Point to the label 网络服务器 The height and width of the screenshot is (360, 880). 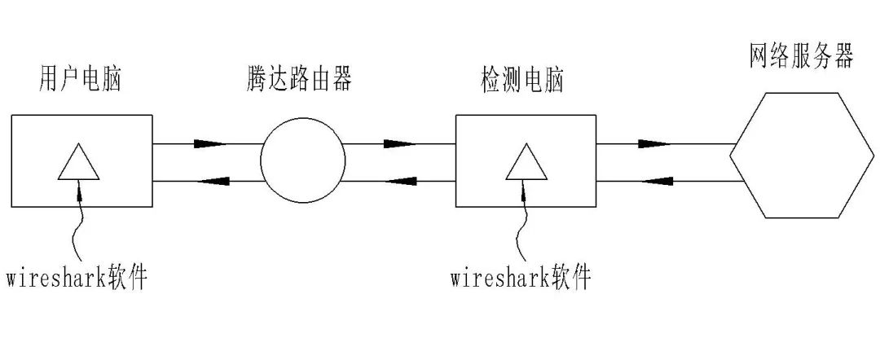click(800, 58)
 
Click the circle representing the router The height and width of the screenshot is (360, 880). click(301, 160)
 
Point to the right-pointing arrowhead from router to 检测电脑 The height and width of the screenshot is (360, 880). click(399, 144)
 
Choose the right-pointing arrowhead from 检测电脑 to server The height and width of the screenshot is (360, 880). click(652, 144)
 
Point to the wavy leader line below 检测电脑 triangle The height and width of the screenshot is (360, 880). click(522, 228)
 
